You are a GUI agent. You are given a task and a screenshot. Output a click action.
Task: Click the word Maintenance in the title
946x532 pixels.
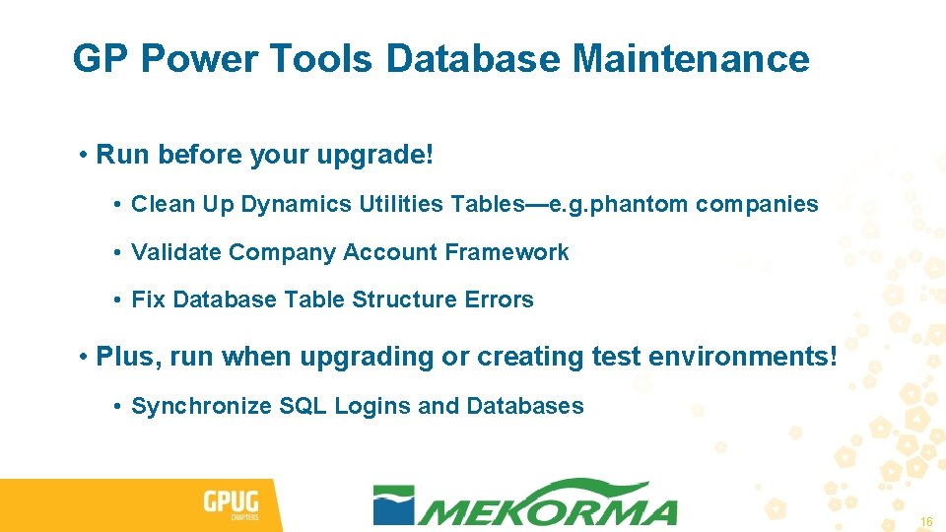tap(691, 59)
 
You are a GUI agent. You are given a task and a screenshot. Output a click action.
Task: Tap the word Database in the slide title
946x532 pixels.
tap(473, 59)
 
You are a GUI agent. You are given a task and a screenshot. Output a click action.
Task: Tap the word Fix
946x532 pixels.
tap(148, 299)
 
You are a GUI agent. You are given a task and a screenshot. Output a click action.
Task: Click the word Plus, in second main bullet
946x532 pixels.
tap(129, 357)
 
